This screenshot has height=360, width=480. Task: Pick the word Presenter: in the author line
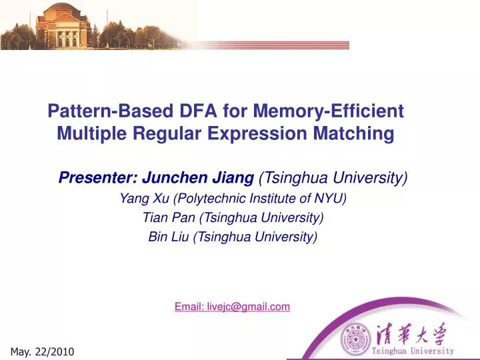(x=97, y=178)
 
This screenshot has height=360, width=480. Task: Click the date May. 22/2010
(x=43, y=351)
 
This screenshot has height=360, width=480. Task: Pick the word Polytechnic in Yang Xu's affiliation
(x=204, y=198)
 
